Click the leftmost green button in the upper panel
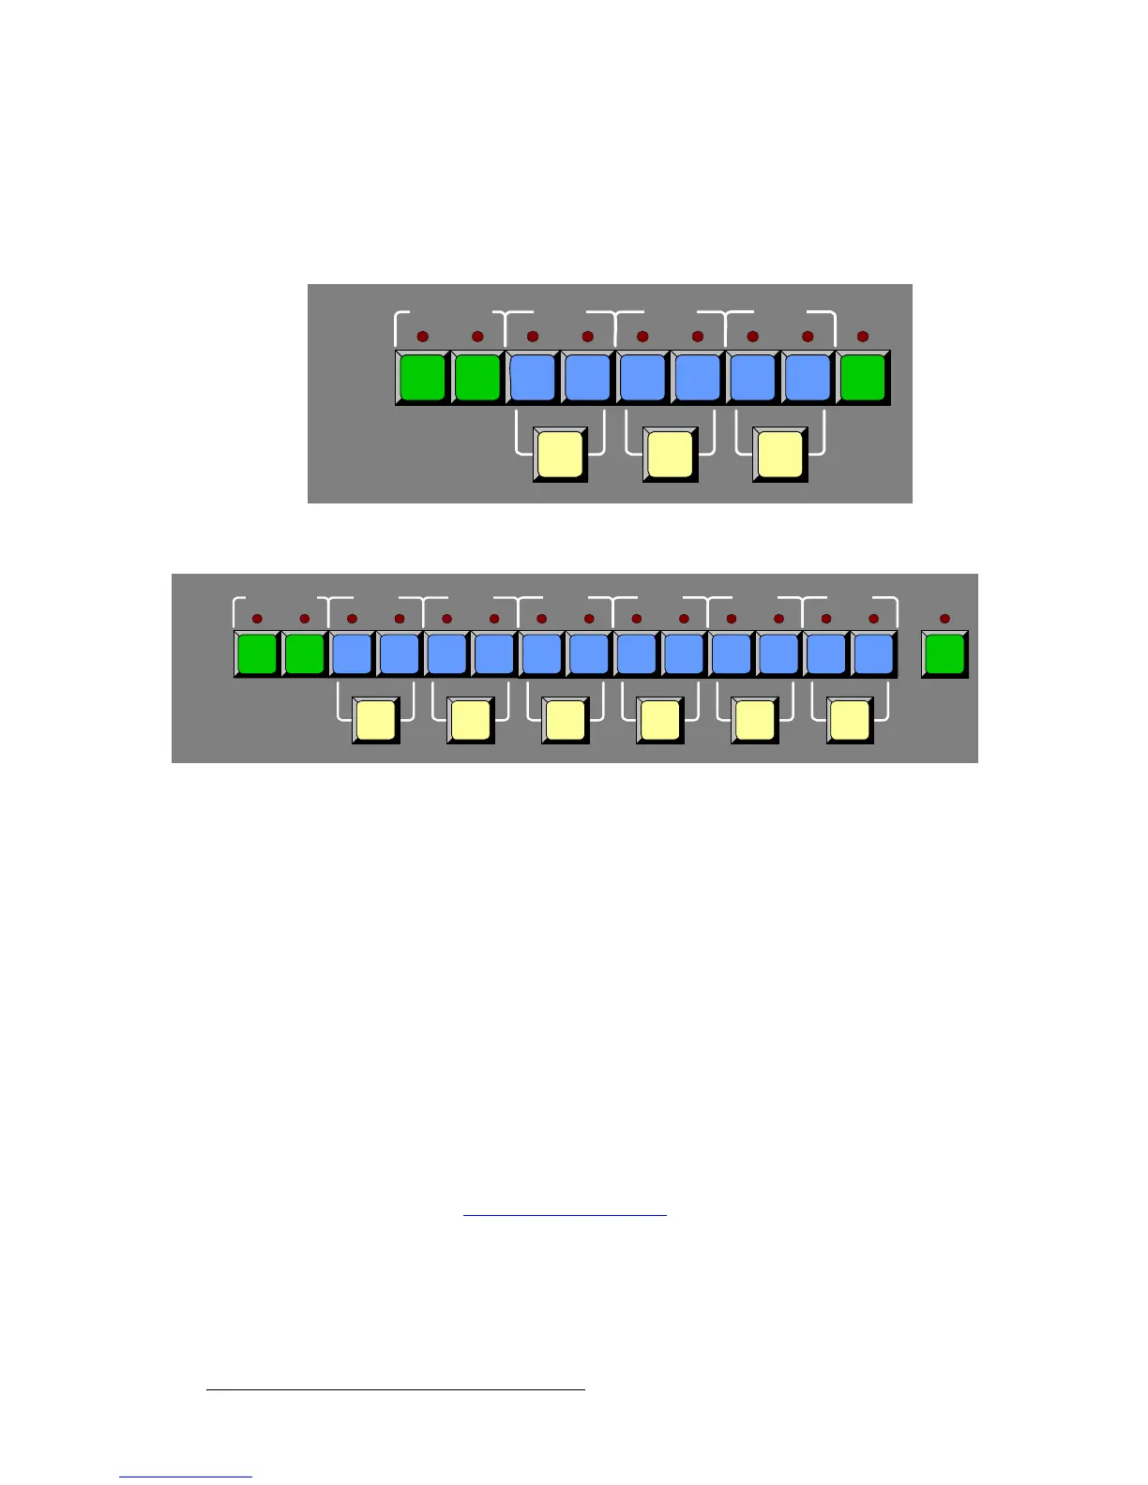pyautogui.click(x=422, y=377)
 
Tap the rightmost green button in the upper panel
pyautogui.click(x=863, y=377)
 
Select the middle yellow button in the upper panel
pyautogui.click(x=670, y=454)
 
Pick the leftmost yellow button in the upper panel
pyautogui.click(x=560, y=454)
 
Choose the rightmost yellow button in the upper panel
pyautogui.click(x=779, y=454)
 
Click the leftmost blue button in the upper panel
pyautogui.click(x=533, y=377)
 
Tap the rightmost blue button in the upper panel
pyautogui.click(x=808, y=377)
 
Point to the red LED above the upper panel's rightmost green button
pyautogui.click(x=863, y=337)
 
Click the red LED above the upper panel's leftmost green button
pyautogui.click(x=422, y=337)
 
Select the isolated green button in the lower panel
pyautogui.click(x=944, y=653)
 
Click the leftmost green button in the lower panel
pyautogui.click(x=257, y=653)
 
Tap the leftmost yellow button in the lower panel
pyautogui.click(x=375, y=720)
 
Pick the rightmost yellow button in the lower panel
pyautogui.click(x=850, y=720)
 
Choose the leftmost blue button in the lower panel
pyautogui.click(x=352, y=653)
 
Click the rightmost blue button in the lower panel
pyautogui.click(x=874, y=653)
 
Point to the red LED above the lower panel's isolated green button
pyautogui.click(x=944, y=619)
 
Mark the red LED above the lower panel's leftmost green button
pyautogui.click(x=257, y=619)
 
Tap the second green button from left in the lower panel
pyautogui.click(x=304, y=653)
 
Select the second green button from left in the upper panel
pyautogui.click(x=477, y=377)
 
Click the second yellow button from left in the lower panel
pyautogui.click(x=470, y=720)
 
